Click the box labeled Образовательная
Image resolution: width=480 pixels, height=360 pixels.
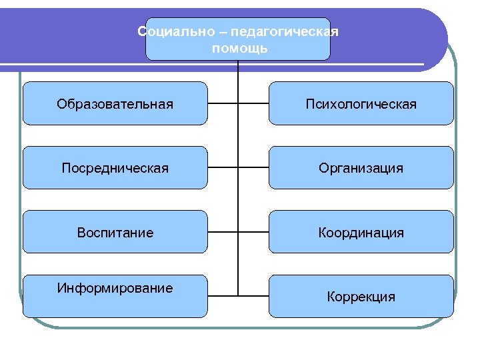pyautogui.click(x=115, y=103)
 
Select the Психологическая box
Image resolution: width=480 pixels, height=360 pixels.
pyautogui.click(x=361, y=103)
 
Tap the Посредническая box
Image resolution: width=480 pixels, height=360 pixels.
pyautogui.click(x=115, y=168)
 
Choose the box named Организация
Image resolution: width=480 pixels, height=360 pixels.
pyautogui.click(x=361, y=168)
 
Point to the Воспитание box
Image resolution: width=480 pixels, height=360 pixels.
pyautogui.click(x=115, y=232)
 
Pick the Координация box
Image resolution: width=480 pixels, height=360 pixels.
pyautogui.click(x=361, y=232)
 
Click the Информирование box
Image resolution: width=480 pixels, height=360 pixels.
pyautogui.click(x=115, y=295)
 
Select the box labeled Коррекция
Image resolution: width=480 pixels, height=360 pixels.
pyautogui.click(x=361, y=296)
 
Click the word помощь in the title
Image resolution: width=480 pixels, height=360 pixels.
pyautogui.click(x=239, y=48)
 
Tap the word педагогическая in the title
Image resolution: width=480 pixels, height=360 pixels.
pyautogui.click(x=285, y=32)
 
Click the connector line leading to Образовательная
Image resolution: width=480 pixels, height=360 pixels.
pyautogui.click(x=223, y=104)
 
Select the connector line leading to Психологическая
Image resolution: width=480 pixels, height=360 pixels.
pyautogui.click(x=253, y=104)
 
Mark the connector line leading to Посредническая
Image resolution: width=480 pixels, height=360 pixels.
pyautogui.click(x=223, y=168)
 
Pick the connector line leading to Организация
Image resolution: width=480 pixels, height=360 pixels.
pyautogui.click(x=253, y=168)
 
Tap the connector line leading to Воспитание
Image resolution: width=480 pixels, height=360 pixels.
pyautogui.click(x=223, y=232)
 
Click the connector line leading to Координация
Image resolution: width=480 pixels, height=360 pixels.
pyautogui.click(x=253, y=232)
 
